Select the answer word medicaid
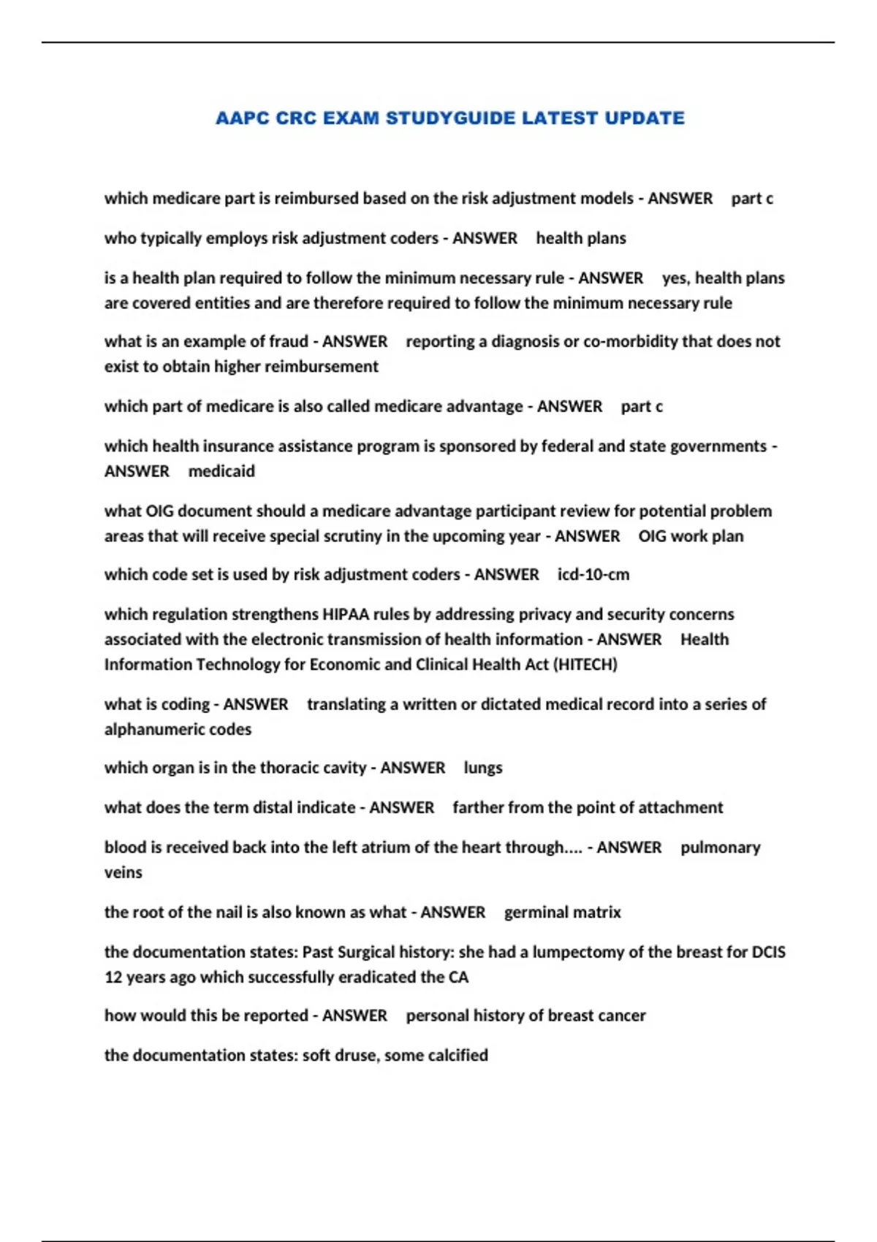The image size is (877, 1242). (x=221, y=471)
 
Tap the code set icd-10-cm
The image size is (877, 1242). (x=593, y=575)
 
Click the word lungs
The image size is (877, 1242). (x=483, y=768)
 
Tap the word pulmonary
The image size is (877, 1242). (x=720, y=847)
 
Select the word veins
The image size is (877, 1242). (x=123, y=872)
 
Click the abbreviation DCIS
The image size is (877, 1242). (x=768, y=953)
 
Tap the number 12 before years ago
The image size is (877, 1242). (x=113, y=978)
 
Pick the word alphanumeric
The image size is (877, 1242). (x=144, y=730)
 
